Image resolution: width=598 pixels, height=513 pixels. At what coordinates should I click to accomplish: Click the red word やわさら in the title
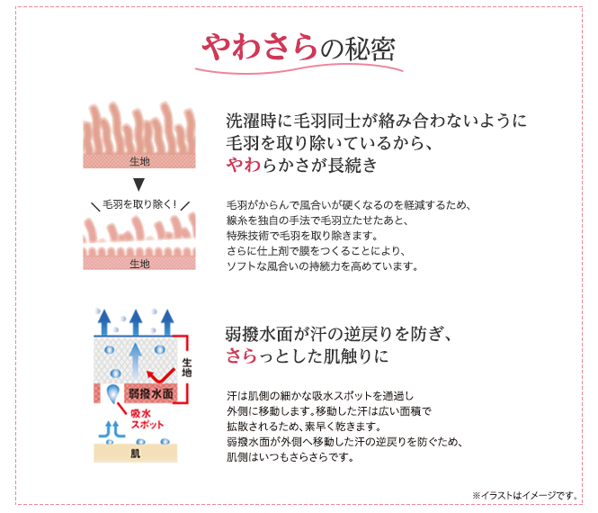pyautogui.click(x=259, y=47)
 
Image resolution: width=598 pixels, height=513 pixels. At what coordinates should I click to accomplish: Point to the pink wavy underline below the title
pyautogui.click(x=299, y=69)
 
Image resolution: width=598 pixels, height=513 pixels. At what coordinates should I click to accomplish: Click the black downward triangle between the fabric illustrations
pyautogui.click(x=138, y=184)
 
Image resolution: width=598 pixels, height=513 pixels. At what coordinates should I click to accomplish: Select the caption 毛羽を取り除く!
pyautogui.click(x=139, y=204)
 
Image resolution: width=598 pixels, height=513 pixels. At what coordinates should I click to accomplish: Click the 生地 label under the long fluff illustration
pyautogui.click(x=139, y=161)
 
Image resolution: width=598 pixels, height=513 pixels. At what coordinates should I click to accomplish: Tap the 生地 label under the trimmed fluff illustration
pyautogui.click(x=139, y=264)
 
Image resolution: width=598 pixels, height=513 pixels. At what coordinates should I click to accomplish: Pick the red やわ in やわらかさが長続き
pyautogui.click(x=244, y=166)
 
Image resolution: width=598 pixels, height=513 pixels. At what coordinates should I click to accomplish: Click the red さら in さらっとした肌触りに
pyautogui.click(x=241, y=356)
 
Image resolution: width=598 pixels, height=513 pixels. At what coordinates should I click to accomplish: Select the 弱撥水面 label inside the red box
pyautogui.click(x=151, y=393)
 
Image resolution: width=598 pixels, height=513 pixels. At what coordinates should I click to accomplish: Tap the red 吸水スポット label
pyautogui.click(x=147, y=419)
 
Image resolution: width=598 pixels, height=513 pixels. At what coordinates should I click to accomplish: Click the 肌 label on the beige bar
pyautogui.click(x=136, y=454)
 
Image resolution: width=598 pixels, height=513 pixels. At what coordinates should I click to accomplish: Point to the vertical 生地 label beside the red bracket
pyautogui.click(x=186, y=367)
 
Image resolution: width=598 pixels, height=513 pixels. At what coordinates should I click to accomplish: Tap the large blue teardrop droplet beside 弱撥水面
pyautogui.click(x=113, y=393)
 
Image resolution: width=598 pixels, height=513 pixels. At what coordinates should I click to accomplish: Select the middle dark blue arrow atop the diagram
pyautogui.click(x=136, y=323)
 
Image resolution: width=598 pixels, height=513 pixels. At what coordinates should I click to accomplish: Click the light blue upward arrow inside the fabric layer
pyautogui.click(x=136, y=361)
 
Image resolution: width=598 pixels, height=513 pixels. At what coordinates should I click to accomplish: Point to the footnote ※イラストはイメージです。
pyautogui.click(x=525, y=495)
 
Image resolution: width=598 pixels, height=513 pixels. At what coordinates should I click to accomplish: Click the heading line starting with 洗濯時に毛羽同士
pyautogui.click(x=376, y=121)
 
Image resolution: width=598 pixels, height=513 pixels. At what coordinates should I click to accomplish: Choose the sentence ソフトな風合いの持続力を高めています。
pyautogui.click(x=322, y=266)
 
